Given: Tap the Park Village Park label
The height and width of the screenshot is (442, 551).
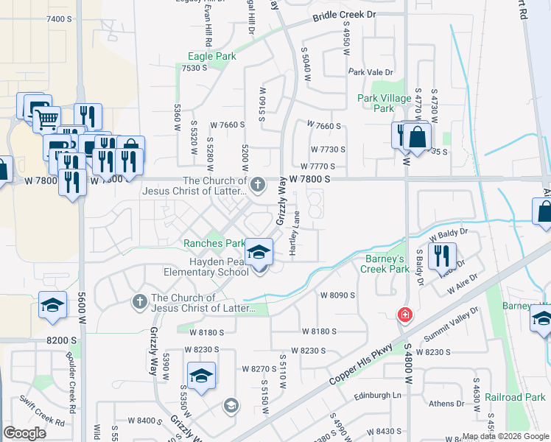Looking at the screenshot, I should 384,103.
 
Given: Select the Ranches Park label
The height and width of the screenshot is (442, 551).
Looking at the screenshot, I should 214,243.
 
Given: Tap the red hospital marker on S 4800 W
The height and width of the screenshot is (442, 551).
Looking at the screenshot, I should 404,315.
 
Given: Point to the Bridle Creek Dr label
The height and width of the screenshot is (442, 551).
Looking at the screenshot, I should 344,15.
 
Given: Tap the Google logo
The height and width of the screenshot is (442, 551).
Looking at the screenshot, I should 25,433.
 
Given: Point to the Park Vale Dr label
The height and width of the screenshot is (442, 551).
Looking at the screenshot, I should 372,72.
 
